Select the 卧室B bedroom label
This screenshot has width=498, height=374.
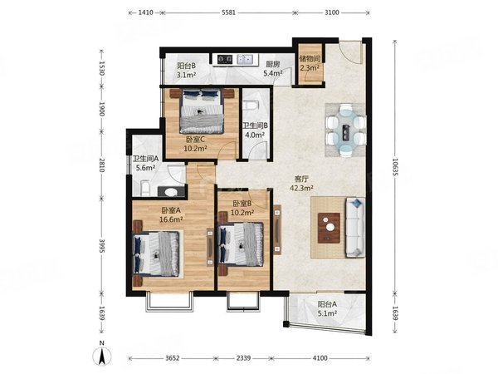pos(242,204)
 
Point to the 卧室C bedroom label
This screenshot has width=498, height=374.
pos(196,139)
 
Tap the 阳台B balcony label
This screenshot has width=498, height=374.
pos(187,65)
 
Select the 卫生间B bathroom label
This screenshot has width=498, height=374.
pos(252,126)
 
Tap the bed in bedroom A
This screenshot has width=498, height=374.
pos(157,253)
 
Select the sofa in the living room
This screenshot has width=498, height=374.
pos(354,224)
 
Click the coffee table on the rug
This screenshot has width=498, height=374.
pos(330,224)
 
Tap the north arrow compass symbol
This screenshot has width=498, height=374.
pos(101,356)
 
